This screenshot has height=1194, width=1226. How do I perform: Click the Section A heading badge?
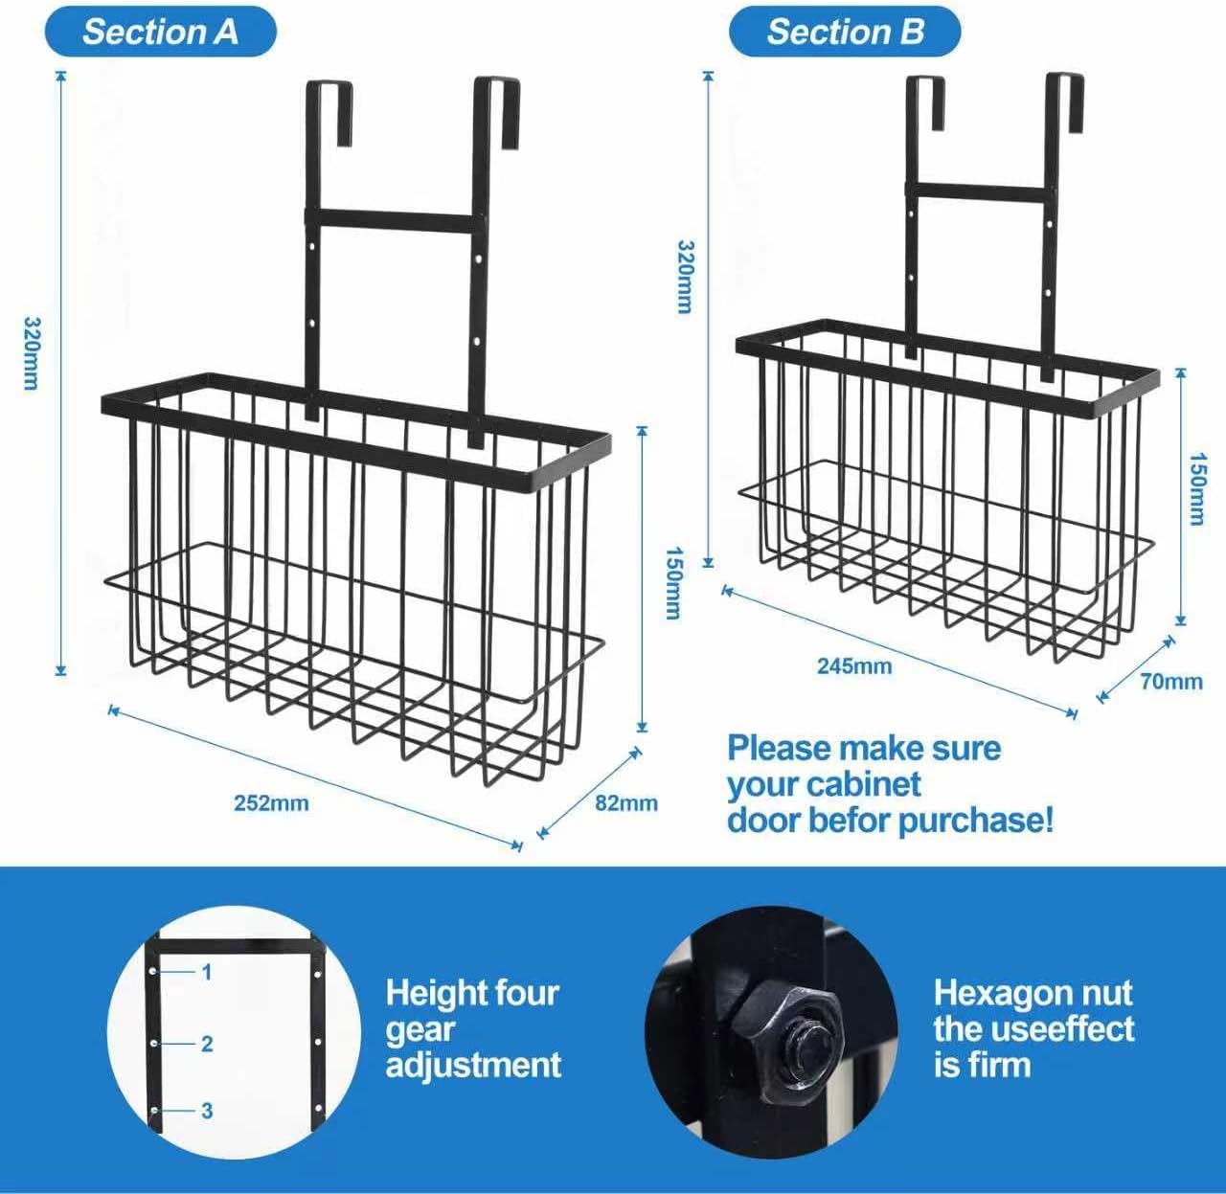coord(160,32)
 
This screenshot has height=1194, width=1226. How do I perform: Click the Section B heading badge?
coord(845,32)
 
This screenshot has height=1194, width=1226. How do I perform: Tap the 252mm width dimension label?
coord(271,802)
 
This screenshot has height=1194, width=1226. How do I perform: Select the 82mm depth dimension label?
coord(626,802)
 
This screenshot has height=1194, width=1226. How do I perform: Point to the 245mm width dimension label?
coord(854,665)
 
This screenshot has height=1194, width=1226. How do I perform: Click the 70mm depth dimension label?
coord(1170,681)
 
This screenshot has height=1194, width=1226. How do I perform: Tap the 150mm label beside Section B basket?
coord(1195,488)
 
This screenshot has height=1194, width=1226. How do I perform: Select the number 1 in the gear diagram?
coord(207,972)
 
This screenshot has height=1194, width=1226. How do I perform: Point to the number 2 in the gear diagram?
coord(207,1044)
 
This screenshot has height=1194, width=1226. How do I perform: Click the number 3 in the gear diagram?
coord(207,1111)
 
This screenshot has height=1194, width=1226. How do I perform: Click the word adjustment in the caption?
coord(473,1065)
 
